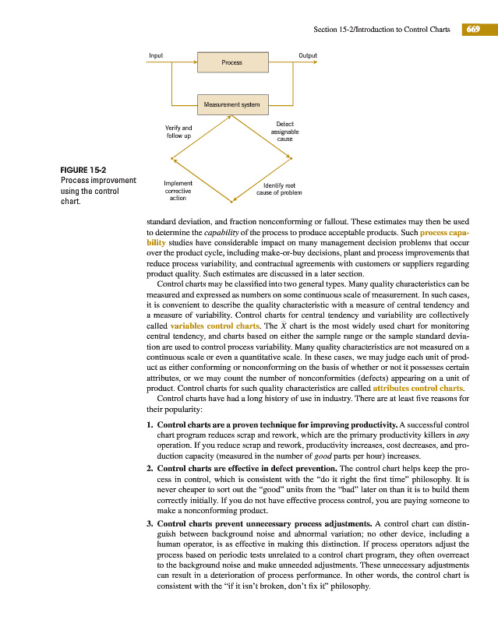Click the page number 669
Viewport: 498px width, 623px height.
[472, 30]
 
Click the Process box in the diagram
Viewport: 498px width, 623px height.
[231, 62]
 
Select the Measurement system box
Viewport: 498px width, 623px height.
[231, 104]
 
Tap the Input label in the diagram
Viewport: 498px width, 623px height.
[156, 55]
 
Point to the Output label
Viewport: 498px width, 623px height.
[308, 55]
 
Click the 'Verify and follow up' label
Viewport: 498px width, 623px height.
[178, 132]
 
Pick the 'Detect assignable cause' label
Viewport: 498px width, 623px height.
[284, 132]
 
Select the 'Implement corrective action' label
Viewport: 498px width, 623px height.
[178, 191]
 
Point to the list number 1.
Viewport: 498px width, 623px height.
[150, 424]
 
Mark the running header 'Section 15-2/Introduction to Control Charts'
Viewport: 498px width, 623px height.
[381, 30]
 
